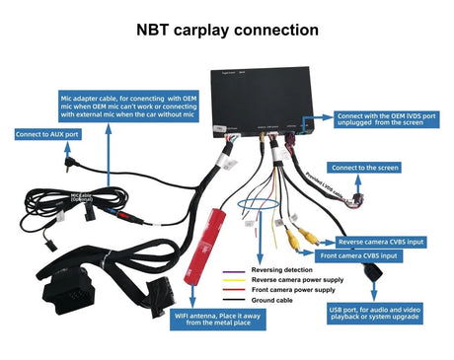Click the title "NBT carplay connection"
[226, 31]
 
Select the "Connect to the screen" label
[364, 168]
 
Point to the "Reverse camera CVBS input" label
[381, 241]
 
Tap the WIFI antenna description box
[213, 320]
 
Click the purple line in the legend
[235, 268]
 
